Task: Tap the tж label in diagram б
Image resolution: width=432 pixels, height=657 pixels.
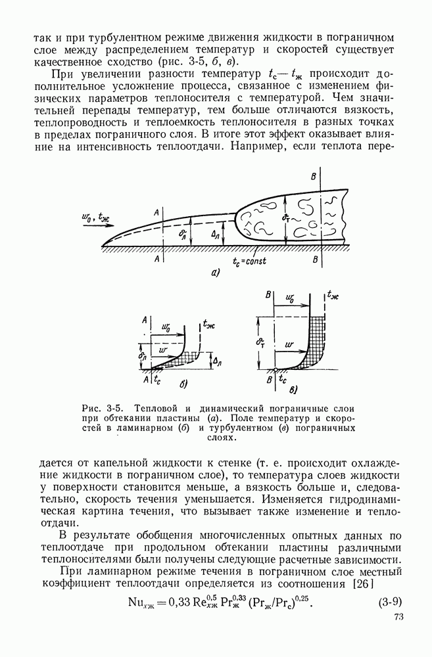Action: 210,323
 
